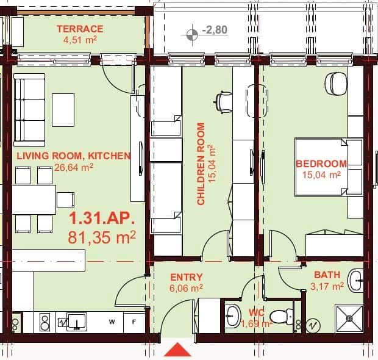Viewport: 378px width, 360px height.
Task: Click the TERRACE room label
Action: [x=80, y=29]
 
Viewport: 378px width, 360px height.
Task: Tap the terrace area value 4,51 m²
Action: [x=80, y=40]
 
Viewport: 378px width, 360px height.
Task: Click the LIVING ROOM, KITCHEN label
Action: [x=73, y=156]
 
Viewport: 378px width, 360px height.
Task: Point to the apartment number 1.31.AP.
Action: [x=101, y=219]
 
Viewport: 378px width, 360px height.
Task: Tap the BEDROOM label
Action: [x=321, y=164]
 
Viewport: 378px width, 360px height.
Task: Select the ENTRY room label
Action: [x=186, y=277]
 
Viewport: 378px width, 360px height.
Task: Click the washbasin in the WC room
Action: [x=232, y=315]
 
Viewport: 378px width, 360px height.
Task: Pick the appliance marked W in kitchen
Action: [x=112, y=321]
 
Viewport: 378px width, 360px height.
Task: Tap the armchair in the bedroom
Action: [x=336, y=83]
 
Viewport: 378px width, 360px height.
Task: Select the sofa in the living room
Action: [x=29, y=110]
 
